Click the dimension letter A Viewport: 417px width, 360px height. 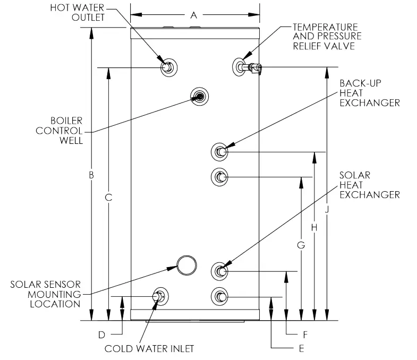point(193,15)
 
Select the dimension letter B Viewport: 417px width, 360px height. point(91,175)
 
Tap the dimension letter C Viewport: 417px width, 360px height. point(108,197)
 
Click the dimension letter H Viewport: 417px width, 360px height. point(314,227)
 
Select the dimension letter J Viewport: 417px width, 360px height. point(327,210)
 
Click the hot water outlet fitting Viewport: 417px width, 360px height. point(169,67)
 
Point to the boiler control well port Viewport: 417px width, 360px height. point(199,96)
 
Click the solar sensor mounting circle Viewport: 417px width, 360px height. point(185,264)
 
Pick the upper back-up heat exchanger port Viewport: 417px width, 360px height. point(220,152)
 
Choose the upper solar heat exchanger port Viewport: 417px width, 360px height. point(220,271)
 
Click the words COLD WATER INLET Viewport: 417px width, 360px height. point(149,348)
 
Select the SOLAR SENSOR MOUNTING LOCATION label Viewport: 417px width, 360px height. point(45,294)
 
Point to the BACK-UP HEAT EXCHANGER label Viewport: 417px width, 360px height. point(369,93)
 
